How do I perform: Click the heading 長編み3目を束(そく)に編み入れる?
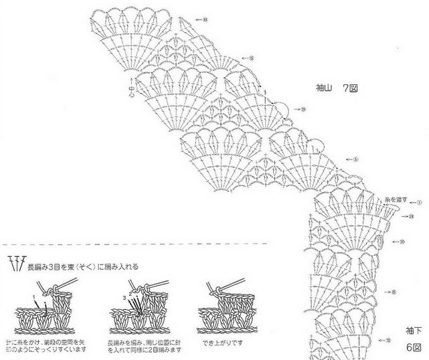pyautogui.click(x=83, y=266)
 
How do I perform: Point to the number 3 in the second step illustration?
pyautogui.click(x=123, y=295)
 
